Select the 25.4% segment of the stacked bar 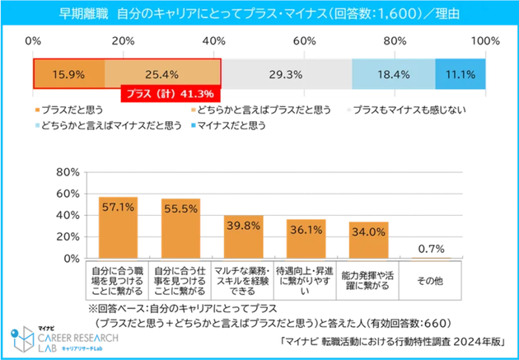pos(161,74)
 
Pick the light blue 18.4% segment pos(393,74)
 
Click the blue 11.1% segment pos(460,74)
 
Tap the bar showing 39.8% pos(243,238)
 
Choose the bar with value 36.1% pos(306,240)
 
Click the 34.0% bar pos(368,241)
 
